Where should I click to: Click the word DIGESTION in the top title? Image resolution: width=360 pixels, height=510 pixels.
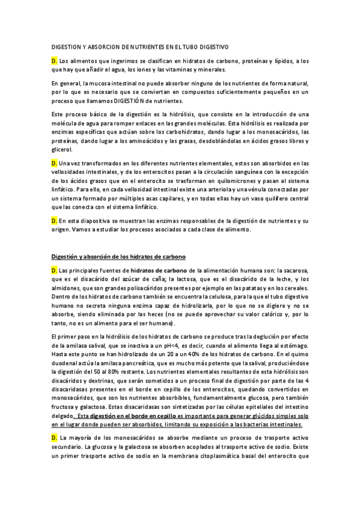[x=66, y=46]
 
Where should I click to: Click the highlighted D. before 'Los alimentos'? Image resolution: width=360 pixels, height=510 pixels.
[x=54, y=61]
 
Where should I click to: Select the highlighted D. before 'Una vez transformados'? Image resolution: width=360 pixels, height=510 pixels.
[x=54, y=163]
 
